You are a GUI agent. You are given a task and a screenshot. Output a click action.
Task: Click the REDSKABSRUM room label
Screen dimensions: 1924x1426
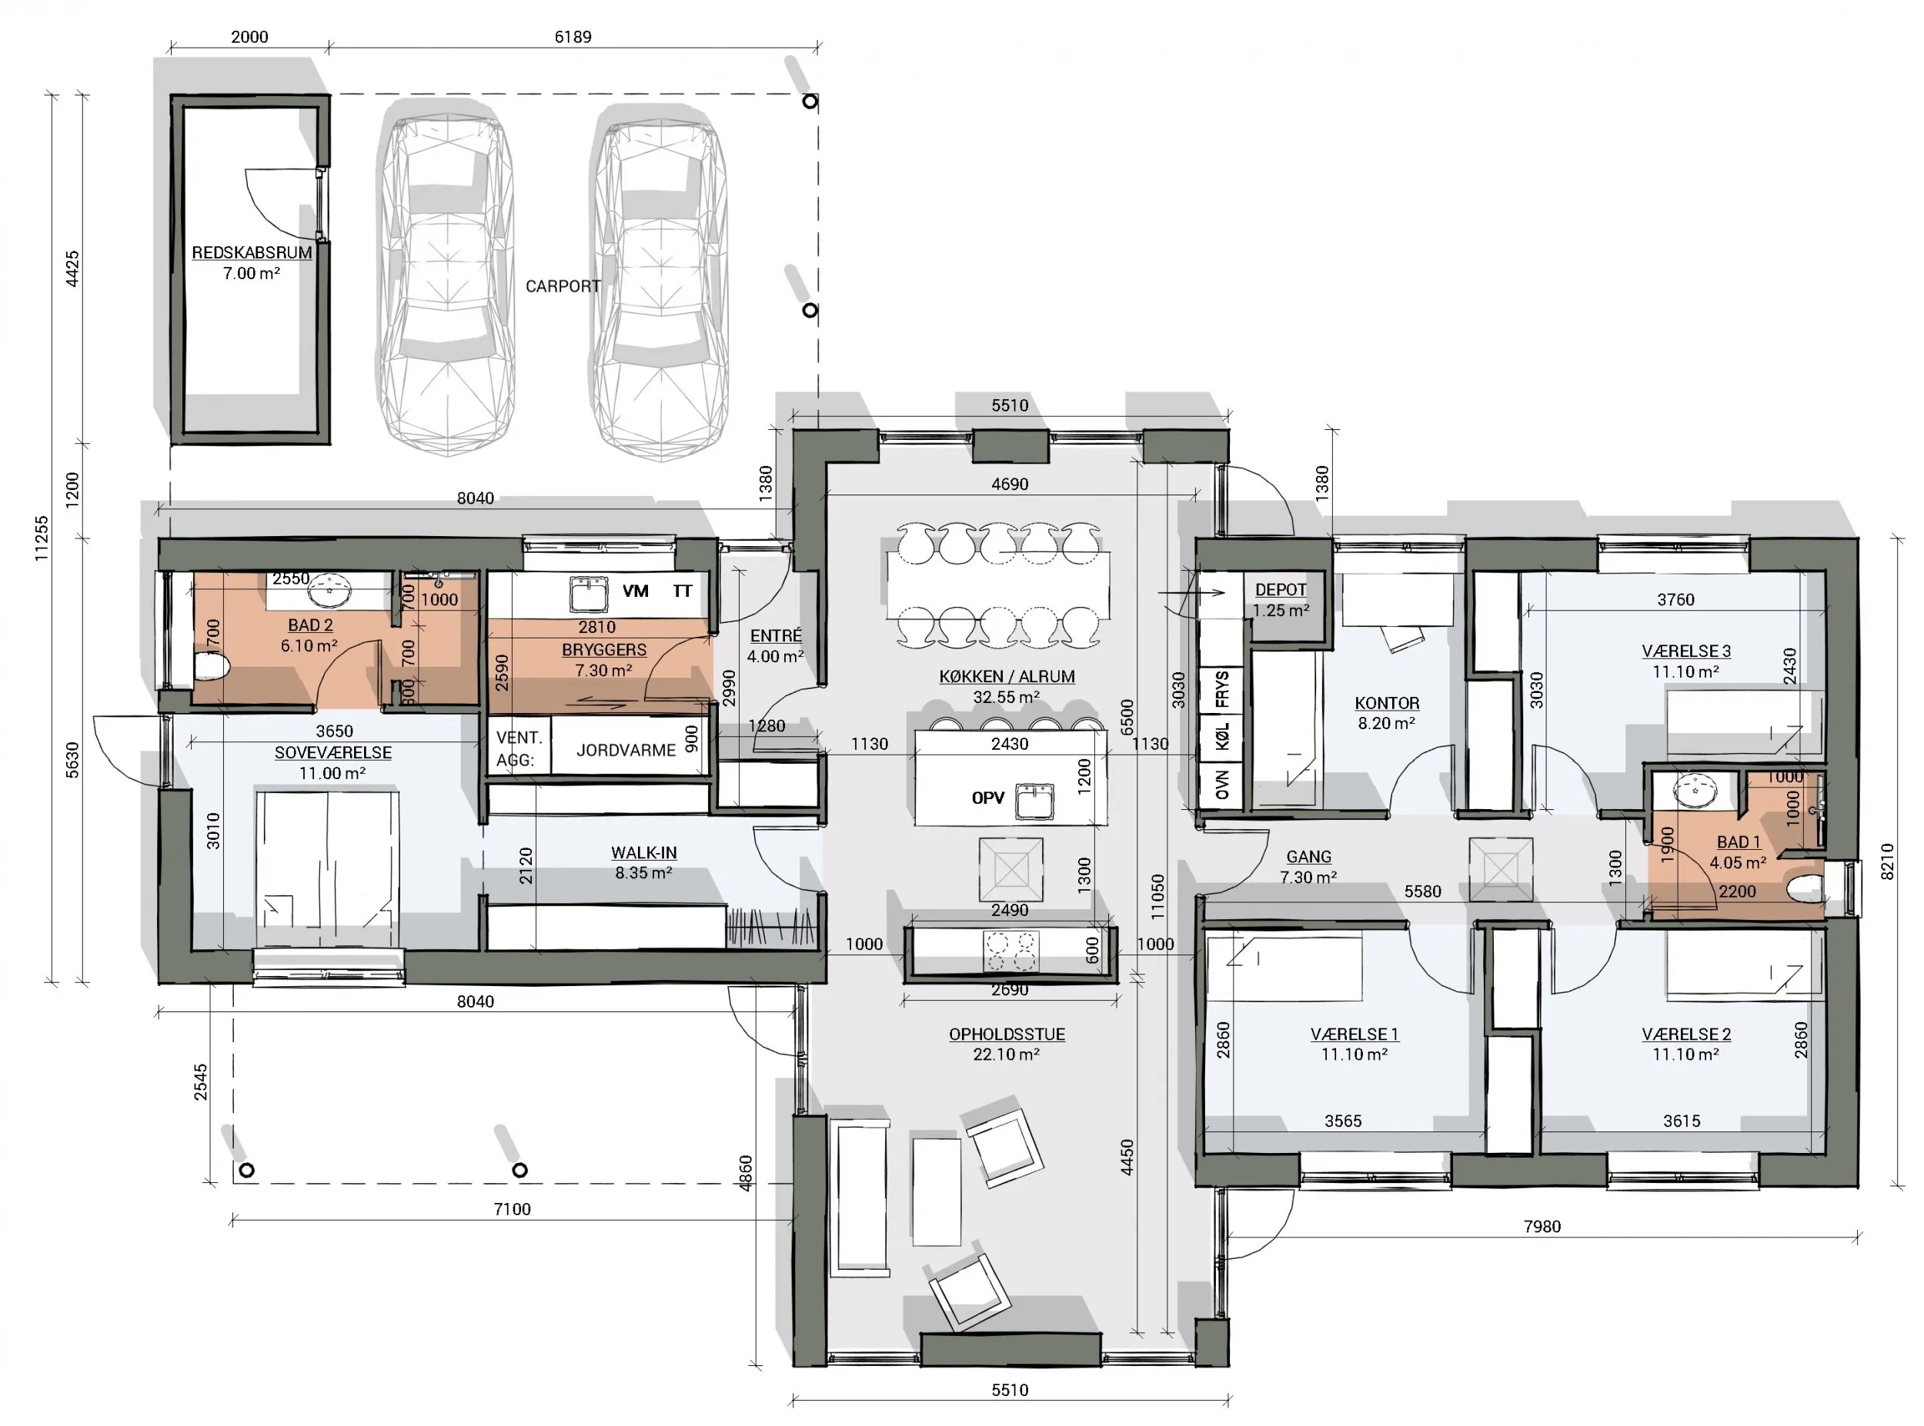coord(252,253)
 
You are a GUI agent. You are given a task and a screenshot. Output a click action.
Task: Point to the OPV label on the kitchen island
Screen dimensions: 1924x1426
coord(988,798)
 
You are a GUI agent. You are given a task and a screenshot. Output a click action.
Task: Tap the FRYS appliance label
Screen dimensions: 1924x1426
coord(1222,689)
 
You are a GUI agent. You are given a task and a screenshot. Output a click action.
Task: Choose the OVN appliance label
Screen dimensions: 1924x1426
coord(1222,785)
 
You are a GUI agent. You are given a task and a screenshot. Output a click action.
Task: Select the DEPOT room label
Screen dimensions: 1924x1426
coord(1281,590)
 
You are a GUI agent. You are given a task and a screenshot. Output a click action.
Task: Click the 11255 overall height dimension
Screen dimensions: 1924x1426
coord(42,538)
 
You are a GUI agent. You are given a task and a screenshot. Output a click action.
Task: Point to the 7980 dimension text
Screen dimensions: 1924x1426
coord(1542,1227)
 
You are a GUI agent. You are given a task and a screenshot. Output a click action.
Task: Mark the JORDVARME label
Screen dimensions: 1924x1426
coord(626,750)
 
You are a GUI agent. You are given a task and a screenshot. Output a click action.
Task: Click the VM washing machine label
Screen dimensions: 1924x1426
coord(636,591)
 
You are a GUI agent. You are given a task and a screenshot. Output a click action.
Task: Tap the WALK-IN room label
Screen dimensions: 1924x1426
coord(644,853)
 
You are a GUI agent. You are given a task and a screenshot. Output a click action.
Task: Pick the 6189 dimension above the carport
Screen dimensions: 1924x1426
coord(573,37)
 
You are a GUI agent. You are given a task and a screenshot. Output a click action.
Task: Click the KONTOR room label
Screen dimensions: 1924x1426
coord(1387,704)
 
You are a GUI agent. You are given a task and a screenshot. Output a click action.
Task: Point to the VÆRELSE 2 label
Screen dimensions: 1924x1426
coord(1686,1034)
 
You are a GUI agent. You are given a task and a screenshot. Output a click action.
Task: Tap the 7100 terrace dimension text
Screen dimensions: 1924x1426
coord(512,1209)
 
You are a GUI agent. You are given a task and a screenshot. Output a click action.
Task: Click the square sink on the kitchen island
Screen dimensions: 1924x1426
coord(1034,800)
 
